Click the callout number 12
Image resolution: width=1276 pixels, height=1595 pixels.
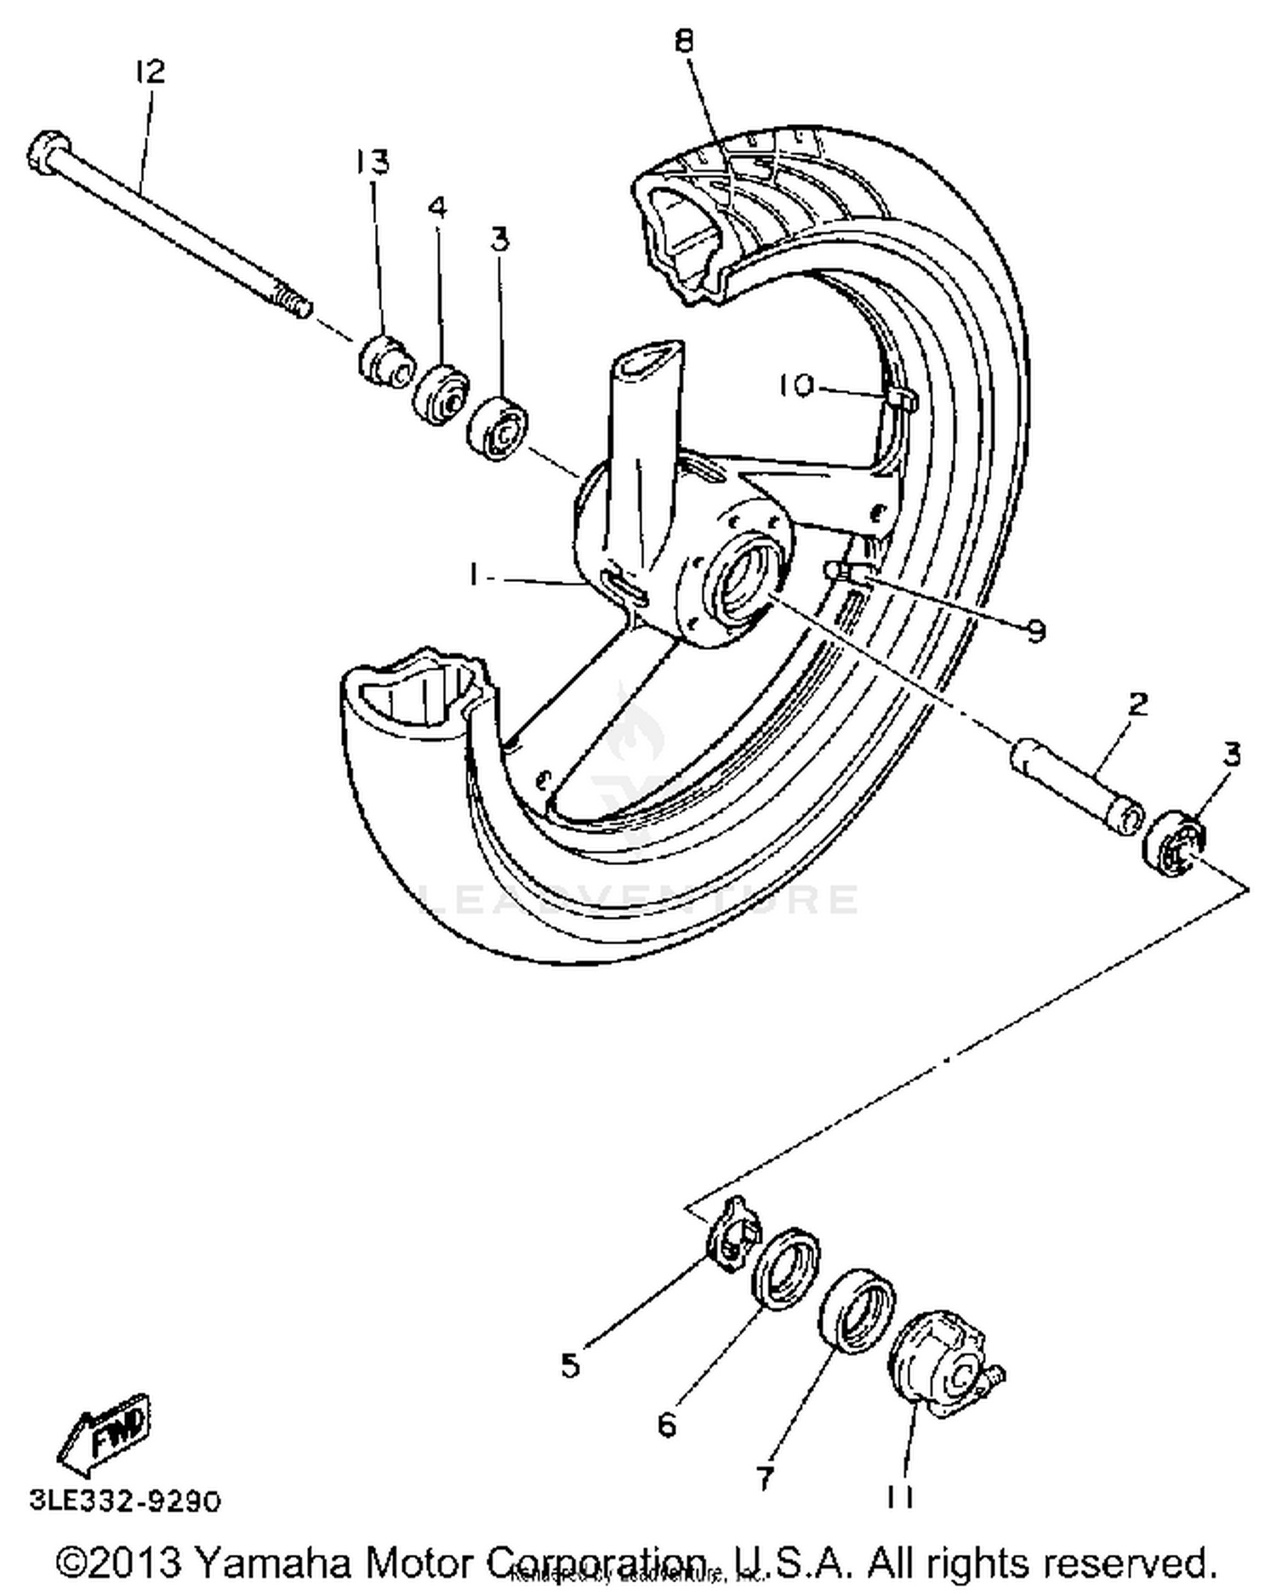click(150, 71)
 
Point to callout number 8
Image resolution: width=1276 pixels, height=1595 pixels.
click(686, 41)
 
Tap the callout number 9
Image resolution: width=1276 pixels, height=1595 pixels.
click(1034, 631)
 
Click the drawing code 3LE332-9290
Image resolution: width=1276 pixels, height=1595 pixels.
click(126, 1501)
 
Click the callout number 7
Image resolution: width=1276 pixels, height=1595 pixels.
click(764, 1478)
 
